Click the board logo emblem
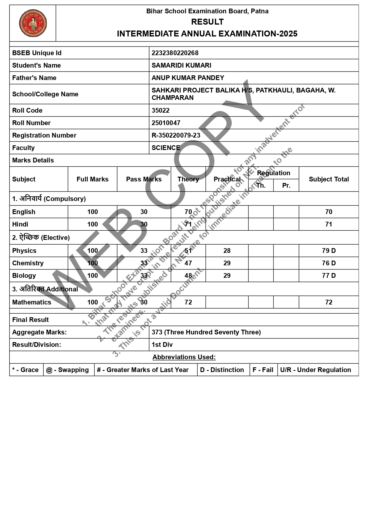coord(33,23)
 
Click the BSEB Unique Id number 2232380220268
coord(175,53)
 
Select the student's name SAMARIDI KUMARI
coord(181,66)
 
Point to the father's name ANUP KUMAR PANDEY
coord(188,78)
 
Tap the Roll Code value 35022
coord(160,111)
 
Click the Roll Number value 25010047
coord(166,123)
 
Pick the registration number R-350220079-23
coord(176,135)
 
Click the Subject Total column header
coord(329,179)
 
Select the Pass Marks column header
coord(144,179)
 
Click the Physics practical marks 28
coord(227,251)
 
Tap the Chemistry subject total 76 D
coord(329,263)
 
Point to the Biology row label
coord(24,276)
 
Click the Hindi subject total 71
coord(329,224)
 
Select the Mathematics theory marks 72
coord(188,302)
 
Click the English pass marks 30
coord(144,212)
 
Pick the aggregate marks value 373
coord(157,332)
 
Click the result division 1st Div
coord(162,345)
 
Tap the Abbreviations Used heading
coord(184,357)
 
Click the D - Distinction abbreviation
coord(222,370)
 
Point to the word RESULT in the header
coord(207,22)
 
